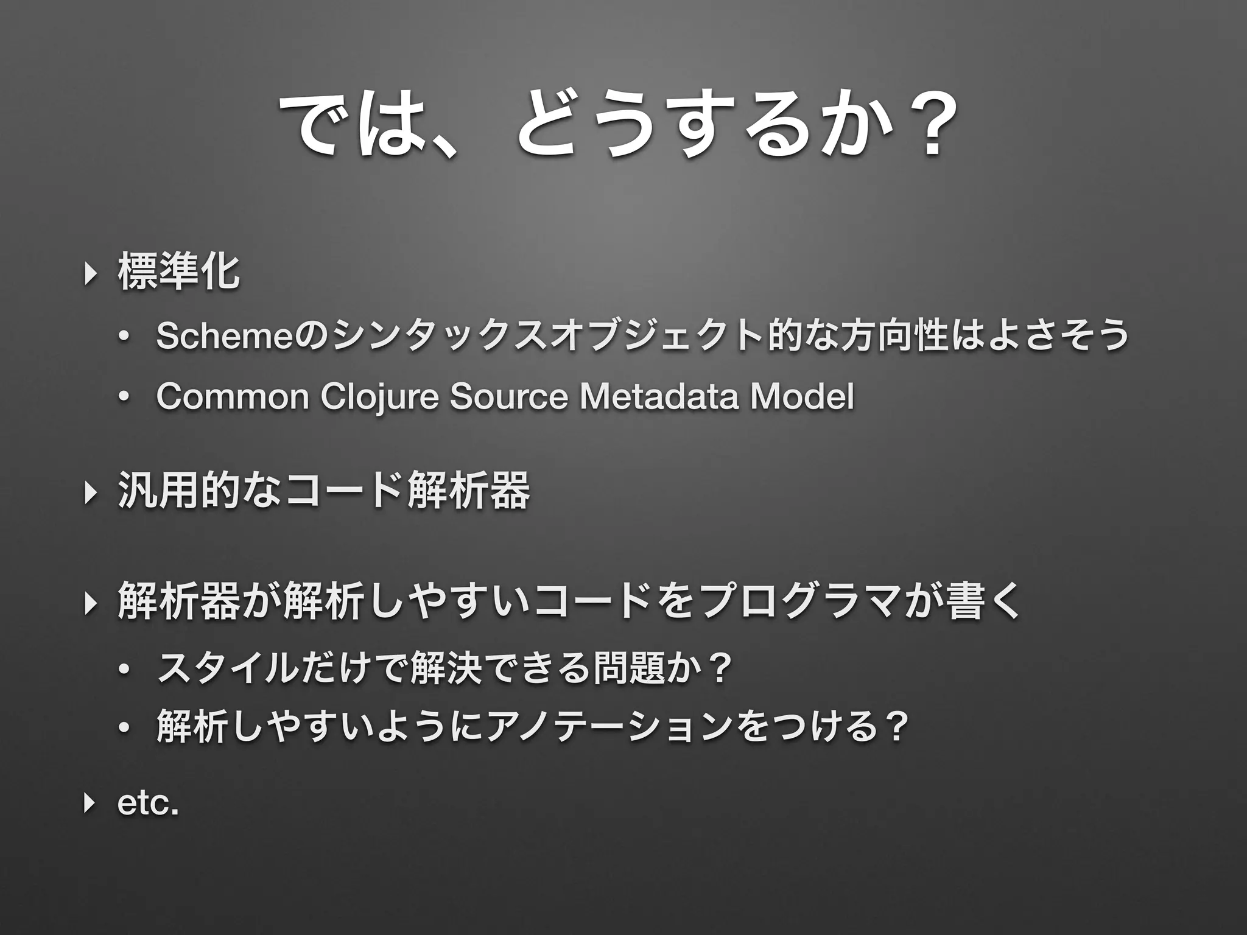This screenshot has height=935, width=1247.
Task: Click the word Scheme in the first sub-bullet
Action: [x=225, y=336]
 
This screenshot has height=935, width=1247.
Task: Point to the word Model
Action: [x=802, y=397]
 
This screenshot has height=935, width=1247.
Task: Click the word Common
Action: [x=233, y=397]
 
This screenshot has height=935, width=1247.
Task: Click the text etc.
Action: [x=148, y=803]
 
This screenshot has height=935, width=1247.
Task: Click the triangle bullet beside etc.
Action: [x=90, y=803]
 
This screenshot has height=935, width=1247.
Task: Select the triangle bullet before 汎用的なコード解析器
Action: [x=90, y=491]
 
